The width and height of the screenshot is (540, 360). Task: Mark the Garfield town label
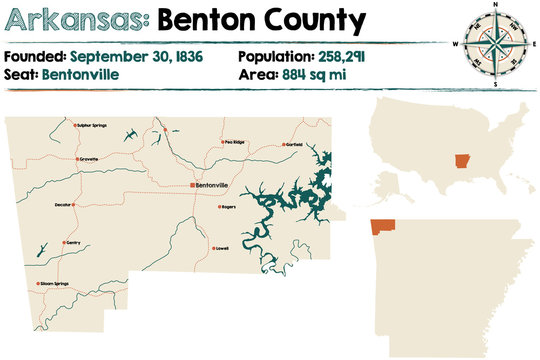click(x=293, y=144)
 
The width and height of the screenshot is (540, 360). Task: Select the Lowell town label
click(x=222, y=248)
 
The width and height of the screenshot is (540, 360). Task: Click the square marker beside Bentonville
click(x=192, y=186)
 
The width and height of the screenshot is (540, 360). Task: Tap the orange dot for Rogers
click(x=220, y=207)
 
